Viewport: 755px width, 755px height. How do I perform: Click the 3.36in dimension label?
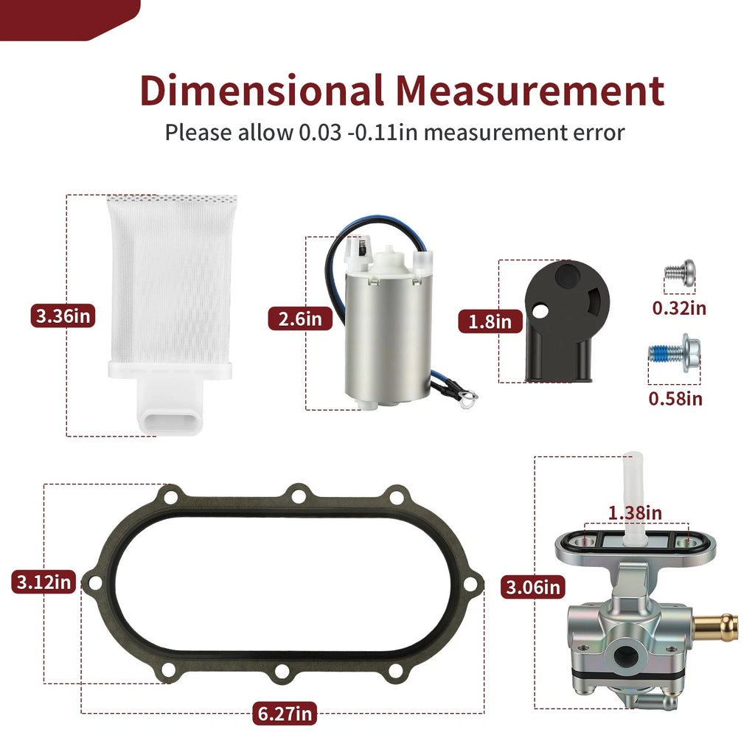tap(63, 316)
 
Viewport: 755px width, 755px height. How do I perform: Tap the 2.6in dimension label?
tap(300, 319)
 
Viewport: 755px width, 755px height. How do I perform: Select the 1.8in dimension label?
tap(490, 321)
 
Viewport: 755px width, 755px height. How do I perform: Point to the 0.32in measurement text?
tap(679, 308)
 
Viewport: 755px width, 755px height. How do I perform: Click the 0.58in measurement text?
tap(675, 399)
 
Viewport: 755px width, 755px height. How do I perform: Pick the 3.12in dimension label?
tap(44, 582)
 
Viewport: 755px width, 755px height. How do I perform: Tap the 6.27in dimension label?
tap(285, 714)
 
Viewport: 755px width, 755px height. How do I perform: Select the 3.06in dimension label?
tap(533, 588)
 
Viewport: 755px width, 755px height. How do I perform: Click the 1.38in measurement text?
tap(635, 513)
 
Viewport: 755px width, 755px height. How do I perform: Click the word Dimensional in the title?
tap(262, 91)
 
